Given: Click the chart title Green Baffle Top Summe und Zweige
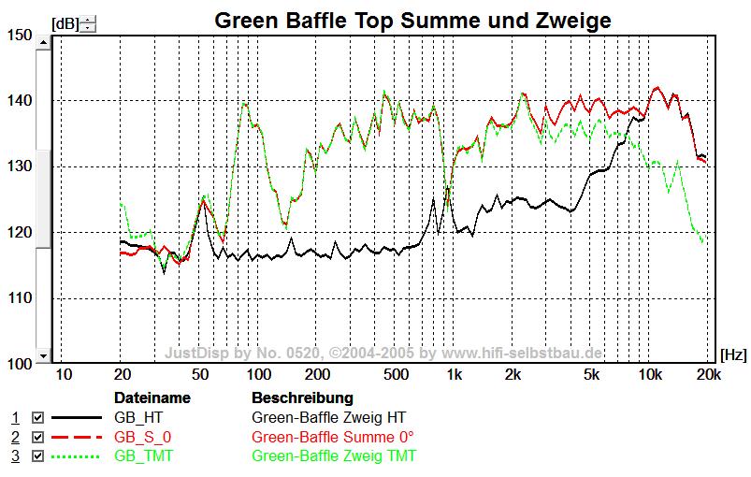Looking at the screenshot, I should click(x=412, y=20).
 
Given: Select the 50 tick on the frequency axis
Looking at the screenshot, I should click(x=199, y=375).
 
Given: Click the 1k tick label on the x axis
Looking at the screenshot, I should click(x=455, y=375).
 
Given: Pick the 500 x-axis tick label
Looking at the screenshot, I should click(x=396, y=375).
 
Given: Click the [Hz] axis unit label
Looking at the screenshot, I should click(x=733, y=355).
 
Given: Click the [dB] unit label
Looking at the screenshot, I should click(x=65, y=23).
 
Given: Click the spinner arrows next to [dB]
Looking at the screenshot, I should click(x=87, y=23).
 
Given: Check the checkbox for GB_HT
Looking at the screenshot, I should click(x=38, y=417).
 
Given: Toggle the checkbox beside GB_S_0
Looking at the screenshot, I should click(x=38, y=437).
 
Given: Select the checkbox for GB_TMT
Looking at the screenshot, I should click(x=38, y=455).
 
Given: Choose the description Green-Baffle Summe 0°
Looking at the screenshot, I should click(x=332, y=437).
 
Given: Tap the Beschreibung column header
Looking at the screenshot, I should click(x=302, y=397).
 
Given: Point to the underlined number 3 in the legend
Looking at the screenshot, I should click(x=15, y=455).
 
